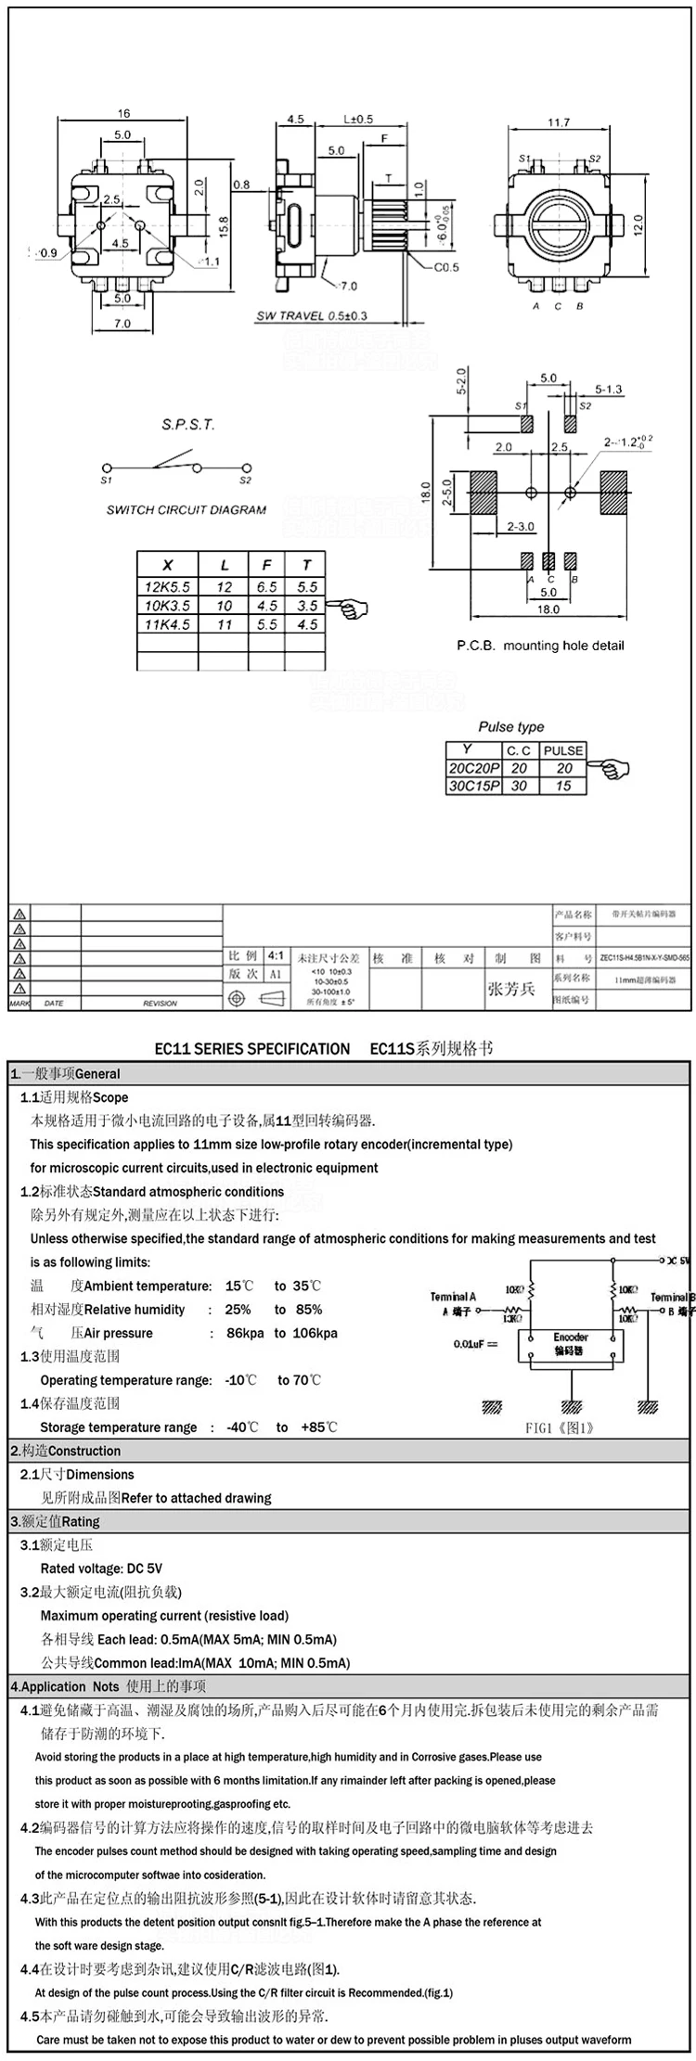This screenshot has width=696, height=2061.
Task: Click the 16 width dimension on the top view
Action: [x=123, y=113]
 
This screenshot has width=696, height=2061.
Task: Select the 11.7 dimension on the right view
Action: [x=558, y=122]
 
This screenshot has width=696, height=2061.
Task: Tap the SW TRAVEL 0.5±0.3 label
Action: [x=311, y=315]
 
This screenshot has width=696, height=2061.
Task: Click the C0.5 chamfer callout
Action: [x=446, y=268]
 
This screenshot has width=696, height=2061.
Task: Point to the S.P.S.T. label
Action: [x=188, y=425]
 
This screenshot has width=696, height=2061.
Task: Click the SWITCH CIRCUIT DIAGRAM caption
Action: [x=186, y=509]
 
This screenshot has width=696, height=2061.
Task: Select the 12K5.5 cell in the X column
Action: [x=167, y=587]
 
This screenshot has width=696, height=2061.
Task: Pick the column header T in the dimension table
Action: [x=306, y=565]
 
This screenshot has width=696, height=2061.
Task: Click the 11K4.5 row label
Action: [x=167, y=624]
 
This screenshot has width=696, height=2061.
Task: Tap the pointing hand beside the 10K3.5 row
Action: [x=353, y=608]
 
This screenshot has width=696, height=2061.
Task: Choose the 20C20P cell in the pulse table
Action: [x=474, y=768]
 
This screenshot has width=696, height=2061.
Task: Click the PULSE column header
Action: [x=563, y=750]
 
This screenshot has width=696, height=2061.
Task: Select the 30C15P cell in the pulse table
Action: [x=474, y=786]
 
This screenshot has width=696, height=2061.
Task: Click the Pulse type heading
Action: [x=511, y=727]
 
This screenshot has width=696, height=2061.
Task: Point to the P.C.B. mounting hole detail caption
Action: [x=540, y=645]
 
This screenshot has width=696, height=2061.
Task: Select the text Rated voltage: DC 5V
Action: [x=101, y=1568]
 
